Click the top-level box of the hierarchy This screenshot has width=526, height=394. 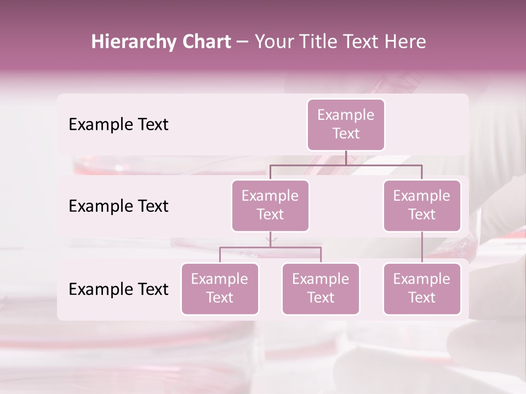pos(346,125)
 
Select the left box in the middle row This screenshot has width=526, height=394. pos(270,205)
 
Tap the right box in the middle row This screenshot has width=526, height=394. pos(422,205)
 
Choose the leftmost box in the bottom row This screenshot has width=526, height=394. pos(220,288)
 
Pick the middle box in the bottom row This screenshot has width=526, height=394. pos(321,288)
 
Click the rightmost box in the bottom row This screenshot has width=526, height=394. pos(422,288)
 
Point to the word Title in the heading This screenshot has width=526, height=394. pos(315,42)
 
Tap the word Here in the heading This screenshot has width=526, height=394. pos(405,42)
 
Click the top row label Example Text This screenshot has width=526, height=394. pos(118,125)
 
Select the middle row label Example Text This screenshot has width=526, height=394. pos(118,206)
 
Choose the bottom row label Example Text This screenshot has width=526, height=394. pos(118,289)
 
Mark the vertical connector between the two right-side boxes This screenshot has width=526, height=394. pos(422,247)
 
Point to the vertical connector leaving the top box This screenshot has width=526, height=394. pos(346,158)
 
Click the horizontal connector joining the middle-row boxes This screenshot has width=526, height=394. pos(346,164)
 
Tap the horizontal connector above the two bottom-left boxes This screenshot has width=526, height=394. pos(270,247)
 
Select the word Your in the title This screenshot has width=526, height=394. pos(272,42)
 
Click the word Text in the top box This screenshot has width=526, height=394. pos(346,134)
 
